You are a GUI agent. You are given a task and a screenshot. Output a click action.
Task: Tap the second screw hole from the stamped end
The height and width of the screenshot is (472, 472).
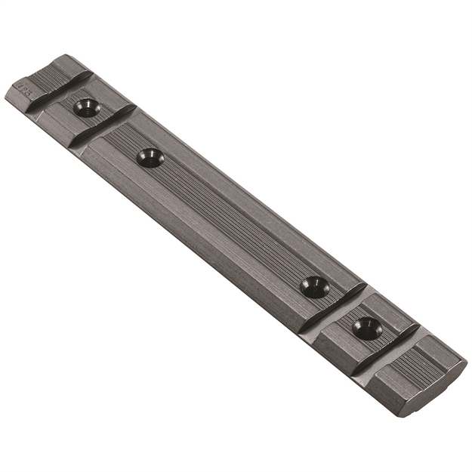pyautogui.click(x=149, y=157)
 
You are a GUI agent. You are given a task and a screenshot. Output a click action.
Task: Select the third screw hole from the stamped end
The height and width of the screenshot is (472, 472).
pyautogui.click(x=313, y=286)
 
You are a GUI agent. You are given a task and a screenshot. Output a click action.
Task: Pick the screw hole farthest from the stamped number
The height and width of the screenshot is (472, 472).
pyautogui.click(x=366, y=327)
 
